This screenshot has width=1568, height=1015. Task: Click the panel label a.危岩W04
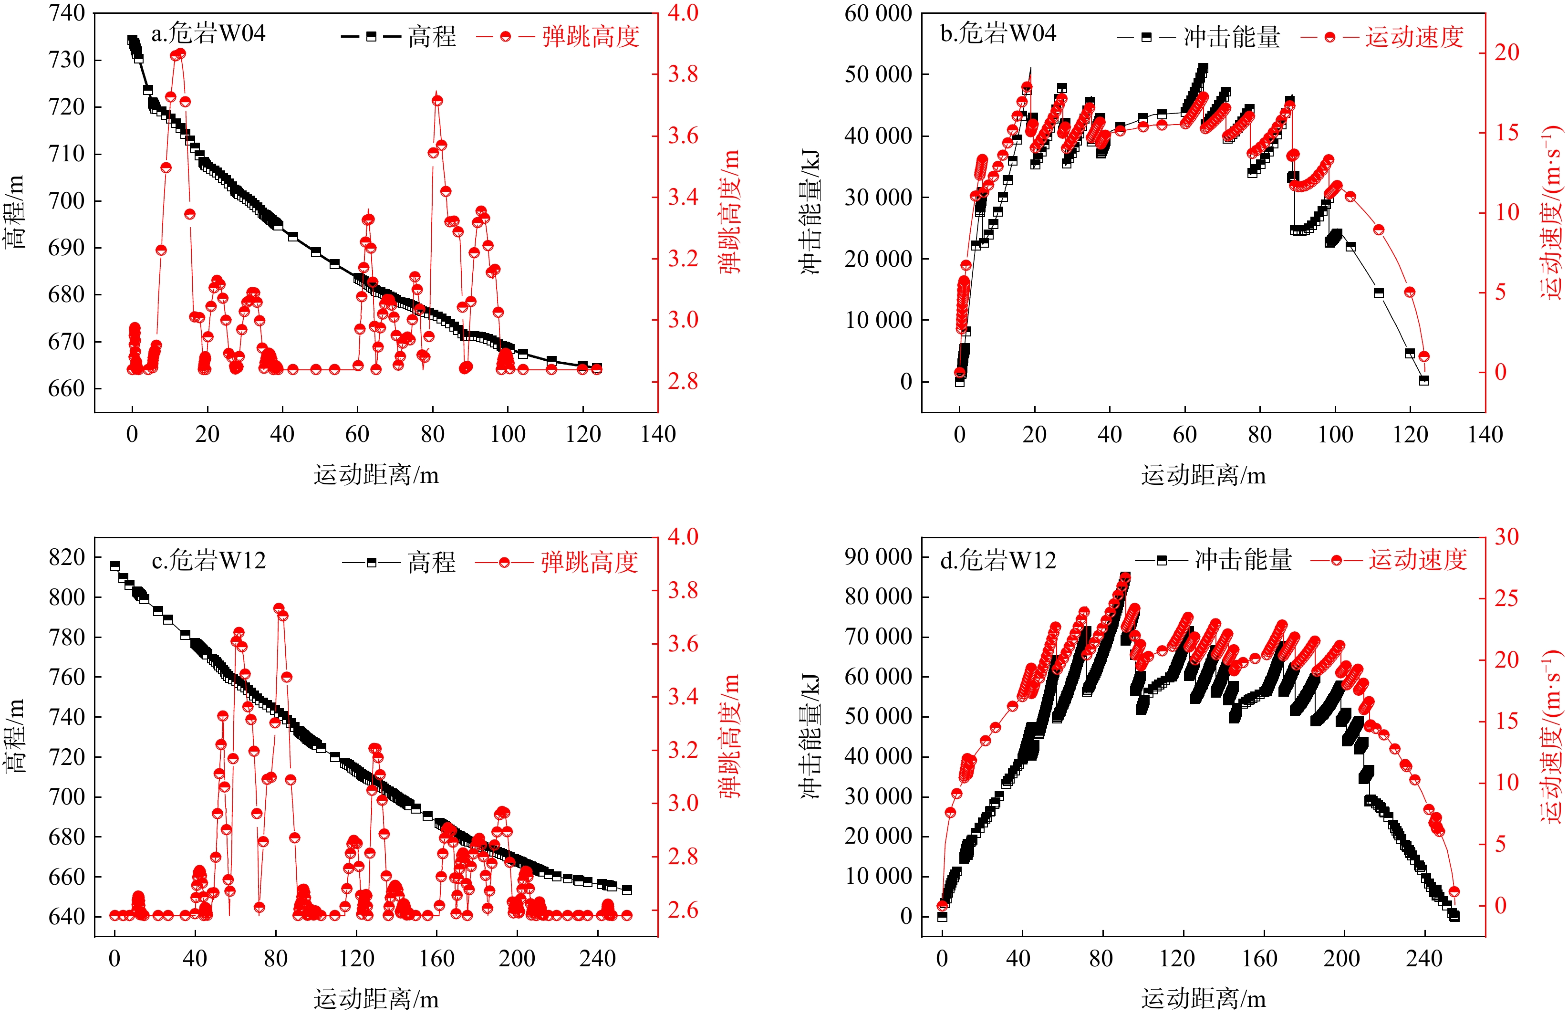click(208, 33)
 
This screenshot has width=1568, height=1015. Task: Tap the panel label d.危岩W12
click(997, 560)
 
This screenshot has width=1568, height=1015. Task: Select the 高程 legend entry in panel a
click(399, 36)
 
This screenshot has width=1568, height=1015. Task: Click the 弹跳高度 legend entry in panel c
click(557, 562)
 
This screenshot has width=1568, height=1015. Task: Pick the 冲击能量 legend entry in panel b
click(1198, 37)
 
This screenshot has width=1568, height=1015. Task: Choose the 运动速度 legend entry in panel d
click(1389, 560)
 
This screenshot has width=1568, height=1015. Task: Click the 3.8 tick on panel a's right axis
click(683, 74)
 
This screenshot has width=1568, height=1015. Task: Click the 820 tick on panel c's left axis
click(66, 557)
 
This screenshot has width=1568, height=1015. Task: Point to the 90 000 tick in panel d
click(878, 557)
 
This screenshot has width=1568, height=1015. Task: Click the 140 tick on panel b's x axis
click(1485, 434)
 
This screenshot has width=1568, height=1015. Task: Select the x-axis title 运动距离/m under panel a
click(376, 474)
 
